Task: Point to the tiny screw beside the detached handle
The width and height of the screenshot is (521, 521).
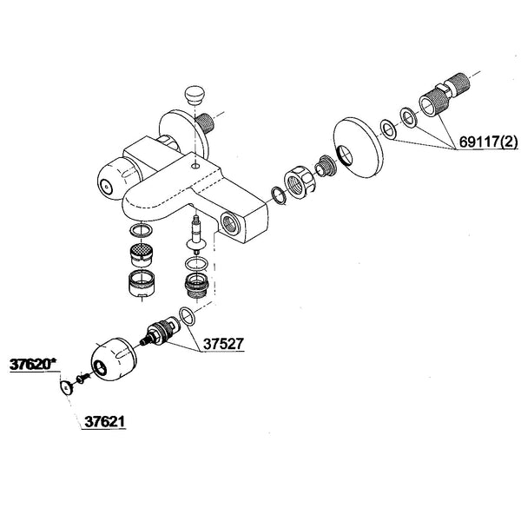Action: coord(81,379)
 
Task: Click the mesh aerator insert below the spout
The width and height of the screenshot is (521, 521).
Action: coord(138,255)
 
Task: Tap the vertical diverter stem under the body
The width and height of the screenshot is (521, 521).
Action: coord(195,234)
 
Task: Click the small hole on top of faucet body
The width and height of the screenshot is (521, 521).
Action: coord(198,162)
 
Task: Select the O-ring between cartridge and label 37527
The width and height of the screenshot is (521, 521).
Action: coord(186,314)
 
